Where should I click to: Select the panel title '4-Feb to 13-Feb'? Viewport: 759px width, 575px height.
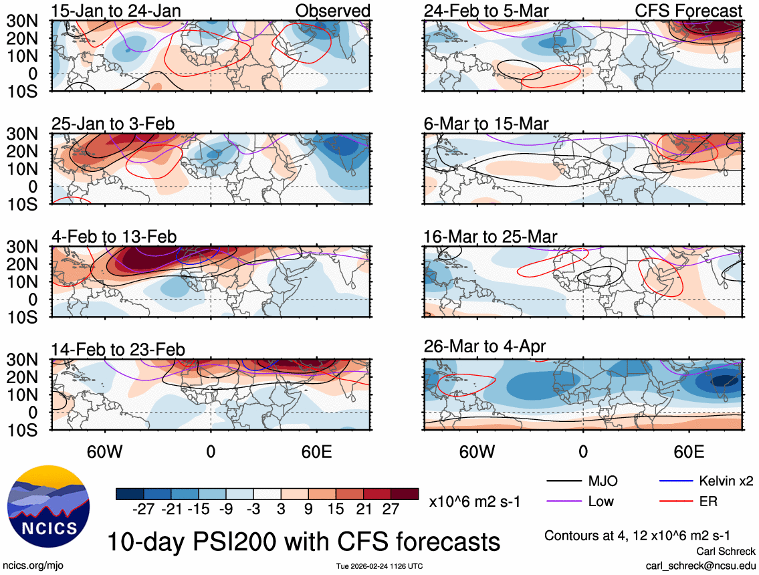click(x=114, y=237)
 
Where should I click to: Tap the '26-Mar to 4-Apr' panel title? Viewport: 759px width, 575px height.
click(x=485, y=346)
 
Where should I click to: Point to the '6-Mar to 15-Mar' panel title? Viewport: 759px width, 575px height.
click(x=486, y=124)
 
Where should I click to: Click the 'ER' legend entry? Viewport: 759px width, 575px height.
click(x=708, y=501)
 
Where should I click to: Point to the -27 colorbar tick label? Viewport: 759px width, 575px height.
click(x=144, y=509)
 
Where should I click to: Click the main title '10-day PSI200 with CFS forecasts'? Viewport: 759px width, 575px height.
click(x=304, y=541)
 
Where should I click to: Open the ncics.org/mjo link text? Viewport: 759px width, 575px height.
click(x=30, y=566)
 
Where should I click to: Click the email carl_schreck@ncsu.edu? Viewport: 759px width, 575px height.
click(x=701, y=566)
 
